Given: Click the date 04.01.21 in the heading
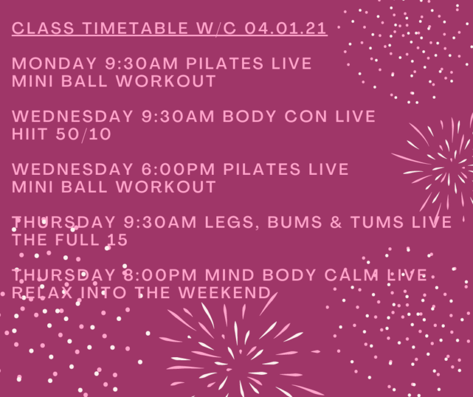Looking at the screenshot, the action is tap(286, 28).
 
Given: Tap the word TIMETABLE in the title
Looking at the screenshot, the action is tap(136, 28).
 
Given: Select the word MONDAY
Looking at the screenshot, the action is tap(55, 63).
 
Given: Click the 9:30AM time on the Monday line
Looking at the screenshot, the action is tap(142, 63).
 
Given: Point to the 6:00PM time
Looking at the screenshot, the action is tap(178, 169).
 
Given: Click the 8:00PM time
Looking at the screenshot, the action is tap(160, 275).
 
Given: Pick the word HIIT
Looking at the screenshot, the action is tap(29, 134).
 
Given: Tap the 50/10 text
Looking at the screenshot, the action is tap(83, 134).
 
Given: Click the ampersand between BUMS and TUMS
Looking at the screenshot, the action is tap(336, 222).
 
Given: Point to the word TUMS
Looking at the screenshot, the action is tap(377, 222).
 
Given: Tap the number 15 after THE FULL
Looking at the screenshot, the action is tap(118, 240).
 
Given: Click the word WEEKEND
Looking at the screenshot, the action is tap(224, 293).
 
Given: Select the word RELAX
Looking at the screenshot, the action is tap(42, 293).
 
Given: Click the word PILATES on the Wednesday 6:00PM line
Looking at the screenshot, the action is tap(262, 169).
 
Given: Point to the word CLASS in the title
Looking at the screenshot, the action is tap(43, 28).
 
